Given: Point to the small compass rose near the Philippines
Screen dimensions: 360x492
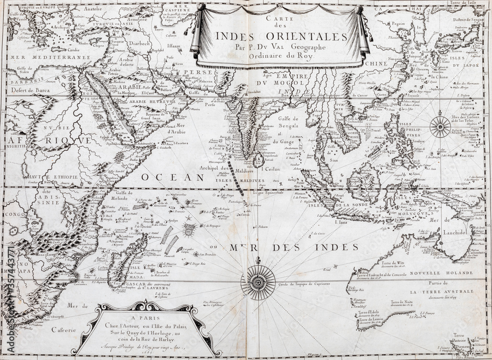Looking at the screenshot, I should click(x=439, y=127).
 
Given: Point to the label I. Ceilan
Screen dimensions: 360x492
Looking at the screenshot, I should click(x=271, y=169).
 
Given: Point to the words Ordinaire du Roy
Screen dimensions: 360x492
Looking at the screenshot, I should click(x=282, y=56).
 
